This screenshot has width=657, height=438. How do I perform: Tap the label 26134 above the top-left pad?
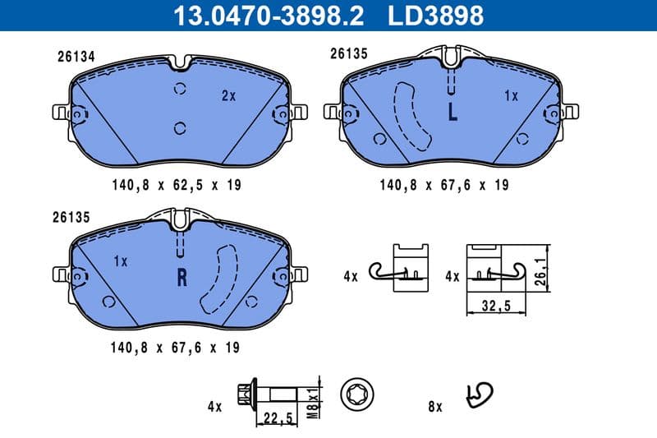point(76,58)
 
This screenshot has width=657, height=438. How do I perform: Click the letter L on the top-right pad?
point(452,113)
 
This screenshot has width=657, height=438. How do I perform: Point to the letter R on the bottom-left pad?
point(182,277)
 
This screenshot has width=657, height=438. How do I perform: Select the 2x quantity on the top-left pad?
point(228,95)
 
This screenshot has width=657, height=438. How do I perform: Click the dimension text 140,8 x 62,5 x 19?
point(176,186)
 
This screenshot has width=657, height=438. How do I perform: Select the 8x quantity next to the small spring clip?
point(434,406)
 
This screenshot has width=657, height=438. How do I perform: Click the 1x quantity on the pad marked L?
point(511,95)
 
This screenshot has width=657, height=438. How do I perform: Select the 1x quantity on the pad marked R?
point(121,261)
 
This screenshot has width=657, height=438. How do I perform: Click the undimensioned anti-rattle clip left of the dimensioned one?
point(400,268)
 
